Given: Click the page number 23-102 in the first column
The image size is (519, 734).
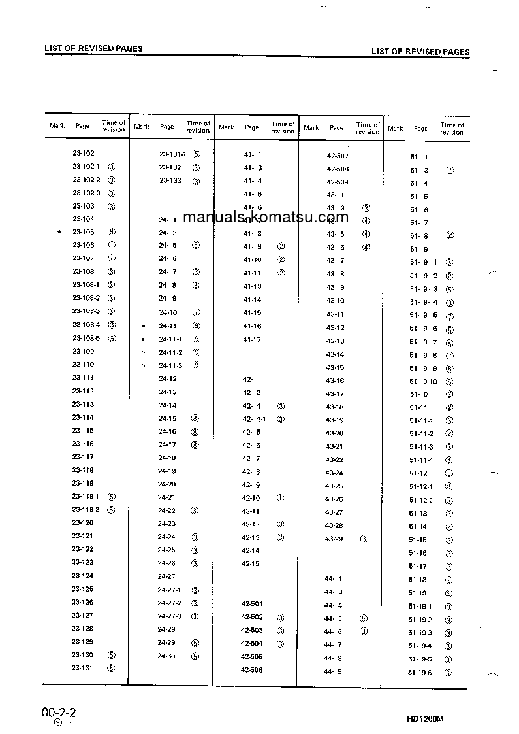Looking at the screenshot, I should click(x=84, y=153).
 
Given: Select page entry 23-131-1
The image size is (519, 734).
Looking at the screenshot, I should click(x=172, y=154).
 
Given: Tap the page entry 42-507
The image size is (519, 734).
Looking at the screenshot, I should click(x=338, y=156).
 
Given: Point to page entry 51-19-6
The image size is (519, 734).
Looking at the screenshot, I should click(x=420, y=673).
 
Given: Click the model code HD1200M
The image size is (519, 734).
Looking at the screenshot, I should click(x=425, y=718).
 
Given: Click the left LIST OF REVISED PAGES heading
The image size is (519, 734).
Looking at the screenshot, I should click(x=93, y=48).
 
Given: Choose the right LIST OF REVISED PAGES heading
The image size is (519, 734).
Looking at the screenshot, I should click(x=420, y=52).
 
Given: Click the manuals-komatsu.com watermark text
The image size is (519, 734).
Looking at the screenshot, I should click(x=266, y=218).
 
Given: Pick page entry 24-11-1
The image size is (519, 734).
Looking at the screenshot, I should click(x=170, y=339).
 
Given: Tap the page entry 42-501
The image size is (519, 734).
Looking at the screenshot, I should click(x=252, y=604).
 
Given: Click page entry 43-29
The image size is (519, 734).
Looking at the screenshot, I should click(x=334, y=539).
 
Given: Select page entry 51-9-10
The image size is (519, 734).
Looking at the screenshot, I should click(x=423, y=381).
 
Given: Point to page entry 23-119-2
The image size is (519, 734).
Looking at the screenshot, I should click(x=86, y=509).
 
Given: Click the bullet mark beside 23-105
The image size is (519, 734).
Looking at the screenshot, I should click(x=59, y=232).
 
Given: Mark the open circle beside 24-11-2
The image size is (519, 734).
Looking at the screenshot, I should click(x=143, y=352).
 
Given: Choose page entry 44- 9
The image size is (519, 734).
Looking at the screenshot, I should click(x=333, y=672).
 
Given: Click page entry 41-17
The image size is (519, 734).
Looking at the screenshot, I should click(x=252, y=339).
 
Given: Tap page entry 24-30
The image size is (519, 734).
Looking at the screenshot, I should click(x=166, y=656).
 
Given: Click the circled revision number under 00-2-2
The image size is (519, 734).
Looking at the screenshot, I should click(x=58, y=723).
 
